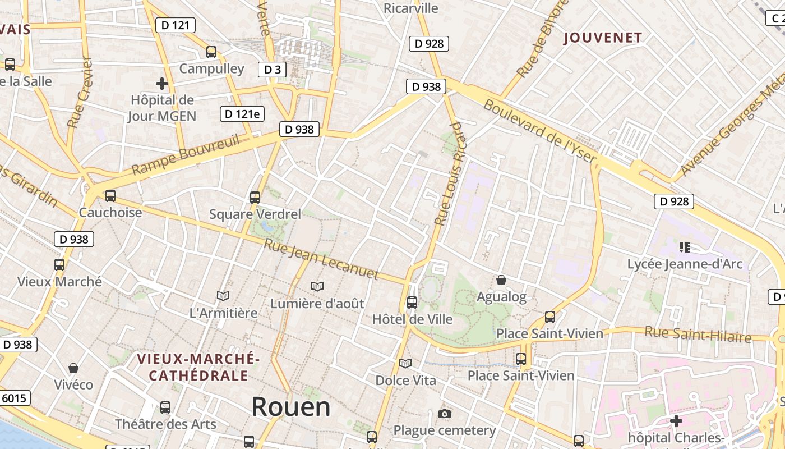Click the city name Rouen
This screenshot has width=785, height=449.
coord(290,407)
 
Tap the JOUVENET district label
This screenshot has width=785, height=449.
coord(603,38)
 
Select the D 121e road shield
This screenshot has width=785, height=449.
coord(242,114)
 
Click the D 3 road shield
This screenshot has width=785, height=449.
coord(272,70)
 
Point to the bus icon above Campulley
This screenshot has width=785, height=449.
coord(211,52)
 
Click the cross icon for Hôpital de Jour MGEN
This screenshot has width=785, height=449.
coord(162,84)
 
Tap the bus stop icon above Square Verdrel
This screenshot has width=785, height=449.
coord(255,198)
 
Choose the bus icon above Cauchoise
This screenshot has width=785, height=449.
coord(110,196)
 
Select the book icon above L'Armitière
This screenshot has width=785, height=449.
coord(223,296)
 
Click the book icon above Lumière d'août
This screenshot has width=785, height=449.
coord(317,287)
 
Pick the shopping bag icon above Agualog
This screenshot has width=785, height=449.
coord(501,280)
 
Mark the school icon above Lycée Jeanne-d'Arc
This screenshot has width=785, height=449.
coord(684,247)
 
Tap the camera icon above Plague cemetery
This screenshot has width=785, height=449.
coord(445,414)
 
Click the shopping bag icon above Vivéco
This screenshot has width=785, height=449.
coord(73,369)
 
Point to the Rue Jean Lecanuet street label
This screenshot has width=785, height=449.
coord(321,259)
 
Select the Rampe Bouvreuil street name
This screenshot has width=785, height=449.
coord(186,154)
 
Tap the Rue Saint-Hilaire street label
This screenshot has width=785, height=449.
coord(698,334)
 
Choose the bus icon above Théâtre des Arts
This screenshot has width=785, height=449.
coord(165,407)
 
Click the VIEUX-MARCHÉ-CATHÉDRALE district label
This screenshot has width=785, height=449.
coord(198,367)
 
